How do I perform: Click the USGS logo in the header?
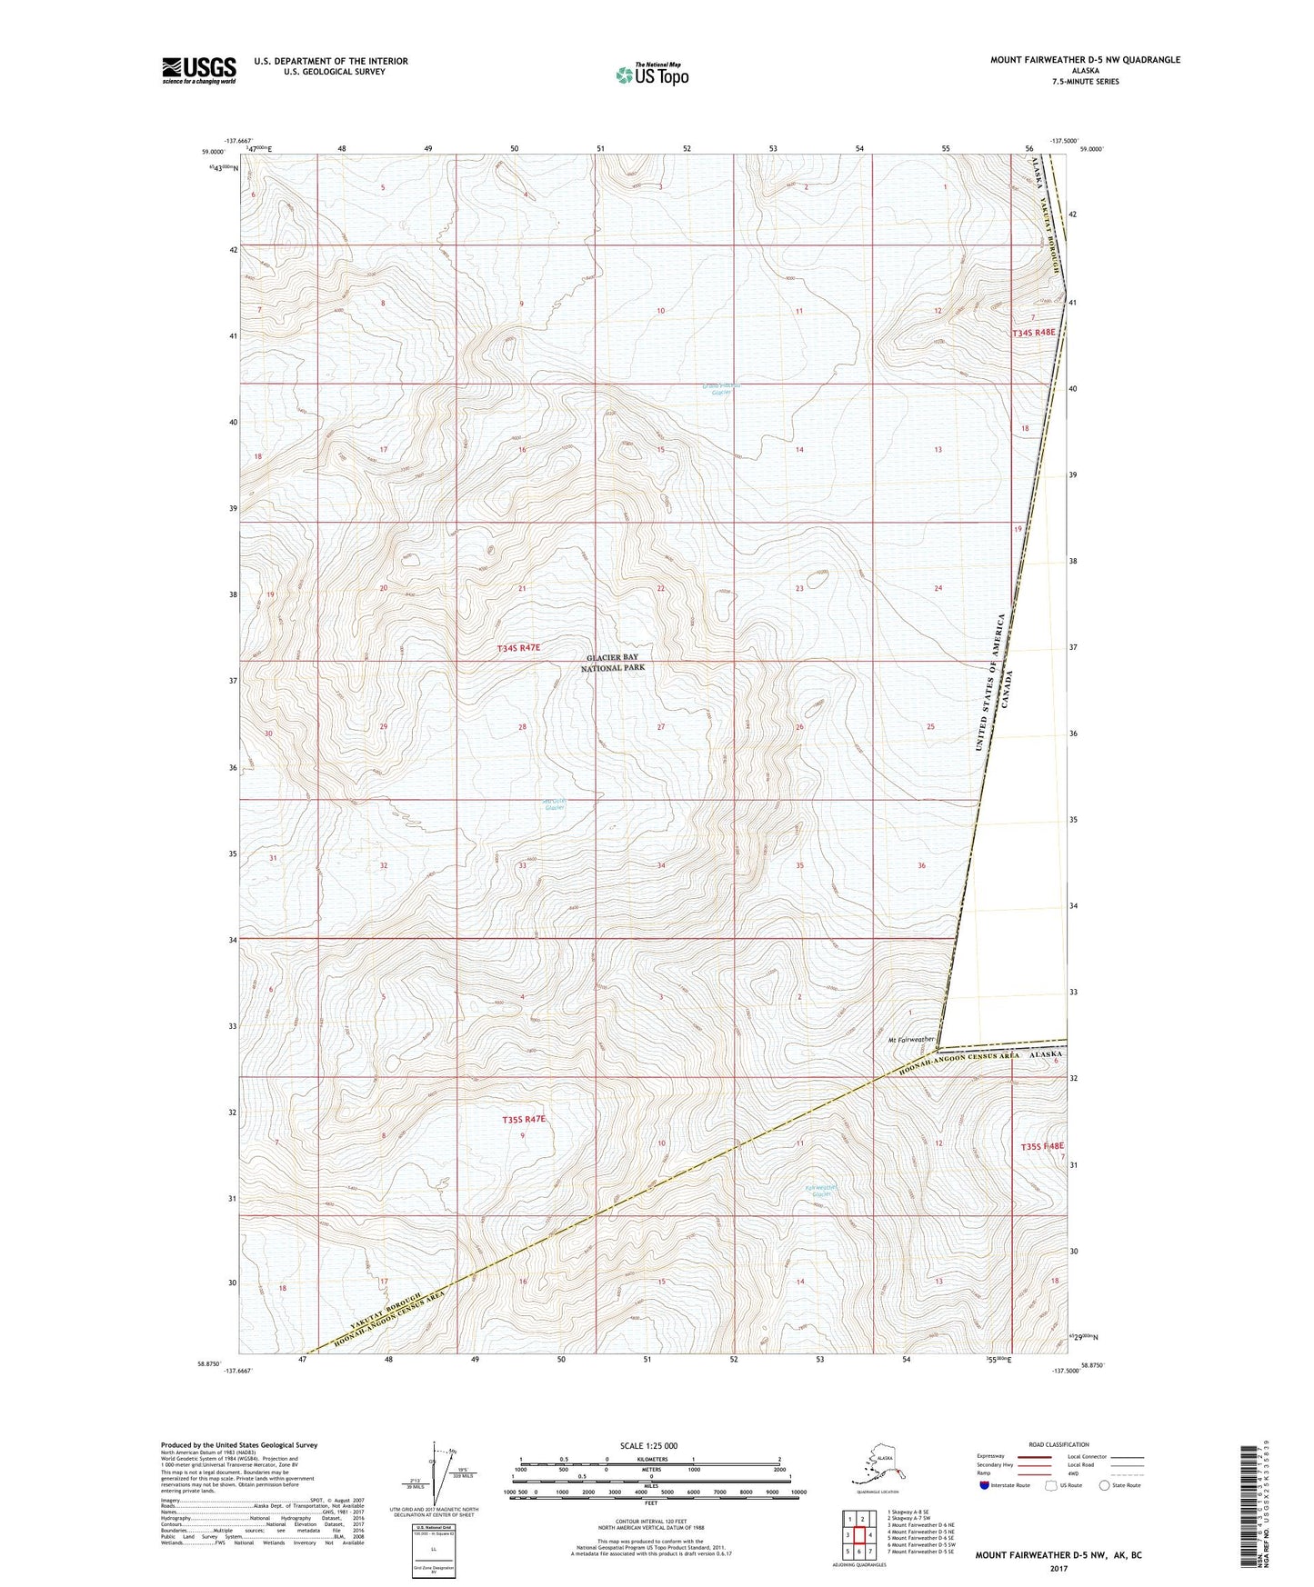click(x=198, y=70)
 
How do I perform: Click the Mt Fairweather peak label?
click(x=911, y=1039)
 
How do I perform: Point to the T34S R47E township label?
click(x=519, y=648)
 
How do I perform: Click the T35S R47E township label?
click(x=524, y=1120)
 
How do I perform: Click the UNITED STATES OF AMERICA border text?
click(x=990, y=682)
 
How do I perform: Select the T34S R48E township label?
click(x=1035, y=333)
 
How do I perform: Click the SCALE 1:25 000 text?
click(x=649, y=1445)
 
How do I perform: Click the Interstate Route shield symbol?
click(x=986, y=1485)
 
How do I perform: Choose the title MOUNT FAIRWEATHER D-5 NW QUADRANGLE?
click(x=1085, y=60)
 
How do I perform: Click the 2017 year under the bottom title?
click(x=1058, y=1568)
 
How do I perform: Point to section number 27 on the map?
click(x=661, y=727)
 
